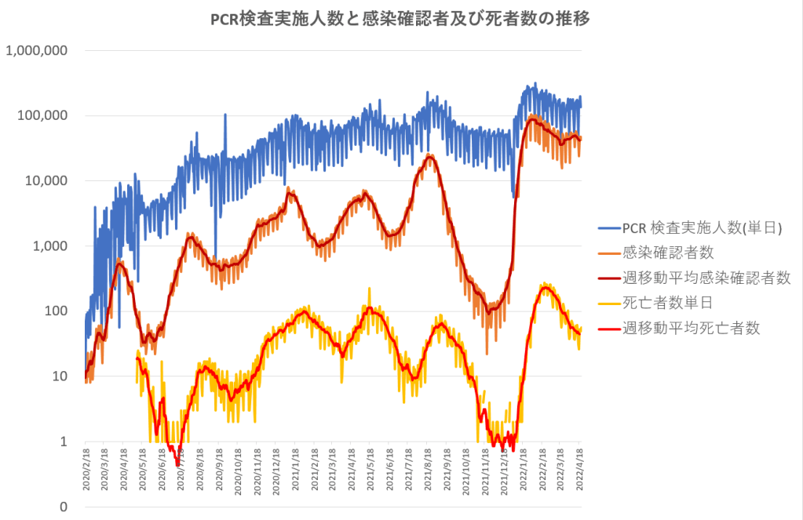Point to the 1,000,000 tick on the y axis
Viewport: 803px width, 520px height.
click(37, 51)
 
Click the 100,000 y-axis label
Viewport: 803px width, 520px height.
click(41, 116)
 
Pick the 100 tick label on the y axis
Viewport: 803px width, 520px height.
click(55, 311)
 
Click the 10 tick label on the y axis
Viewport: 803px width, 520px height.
click(59, 376)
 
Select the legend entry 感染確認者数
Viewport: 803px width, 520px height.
click(668, 253)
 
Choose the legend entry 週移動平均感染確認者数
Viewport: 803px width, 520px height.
click(706, 278)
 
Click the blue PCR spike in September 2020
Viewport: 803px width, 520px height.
click(225, 115)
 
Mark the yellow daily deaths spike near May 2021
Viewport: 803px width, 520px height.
click(369, 289)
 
